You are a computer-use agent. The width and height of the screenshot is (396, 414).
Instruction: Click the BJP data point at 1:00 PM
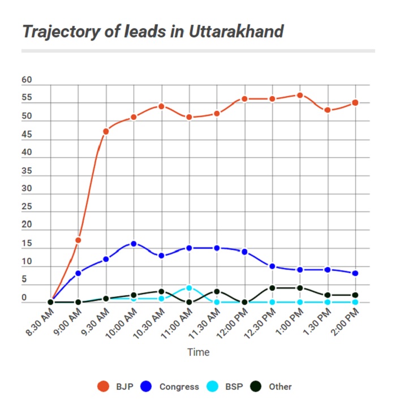pos(300,95)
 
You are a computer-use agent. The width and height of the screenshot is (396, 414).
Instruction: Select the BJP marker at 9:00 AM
pos(78,240)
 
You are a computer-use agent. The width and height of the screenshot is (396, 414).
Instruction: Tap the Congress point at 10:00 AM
pos(134,244)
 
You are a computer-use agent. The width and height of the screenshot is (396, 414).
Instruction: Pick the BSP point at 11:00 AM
pos(189,288)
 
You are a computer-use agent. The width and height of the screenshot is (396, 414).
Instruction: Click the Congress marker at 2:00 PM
pos(355,273)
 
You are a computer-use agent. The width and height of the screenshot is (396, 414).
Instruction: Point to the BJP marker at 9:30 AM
pos(106,131)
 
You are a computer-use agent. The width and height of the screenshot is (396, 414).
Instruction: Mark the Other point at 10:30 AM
pos(161,291)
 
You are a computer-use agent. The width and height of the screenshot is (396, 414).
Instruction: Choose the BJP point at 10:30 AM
pos(161,106)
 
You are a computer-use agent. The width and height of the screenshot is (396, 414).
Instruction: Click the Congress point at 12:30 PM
pos(272,266)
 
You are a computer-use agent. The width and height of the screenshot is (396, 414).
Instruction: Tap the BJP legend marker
pos(103,387)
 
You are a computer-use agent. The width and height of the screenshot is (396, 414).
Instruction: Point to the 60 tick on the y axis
pos(27,81)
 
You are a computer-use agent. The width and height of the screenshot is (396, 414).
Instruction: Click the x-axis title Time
pos(199,352)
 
